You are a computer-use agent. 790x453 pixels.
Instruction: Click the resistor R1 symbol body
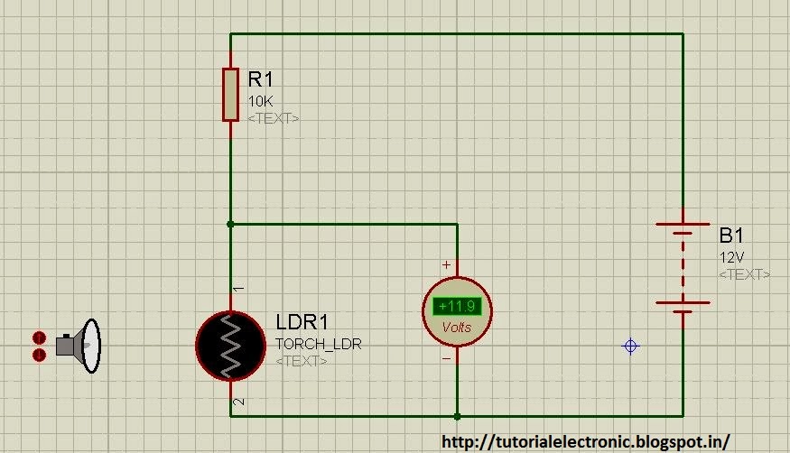pos(231,93)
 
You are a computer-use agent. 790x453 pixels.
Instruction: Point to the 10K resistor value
pos(260,102)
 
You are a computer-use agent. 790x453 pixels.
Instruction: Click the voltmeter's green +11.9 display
pos(458,306)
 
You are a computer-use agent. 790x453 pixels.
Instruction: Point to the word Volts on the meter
pos(457,328)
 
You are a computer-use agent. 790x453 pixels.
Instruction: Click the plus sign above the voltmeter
pos(446,265)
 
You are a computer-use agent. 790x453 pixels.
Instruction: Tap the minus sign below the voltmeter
pos(446,358)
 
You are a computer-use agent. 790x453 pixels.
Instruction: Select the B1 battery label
pos(731,236)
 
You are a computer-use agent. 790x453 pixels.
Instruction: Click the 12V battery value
pos(730,257)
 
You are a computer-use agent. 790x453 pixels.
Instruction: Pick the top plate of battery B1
pos(683,225)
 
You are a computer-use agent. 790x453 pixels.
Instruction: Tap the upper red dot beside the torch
pos(39,337)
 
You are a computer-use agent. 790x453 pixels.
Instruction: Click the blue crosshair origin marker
pos(631,347)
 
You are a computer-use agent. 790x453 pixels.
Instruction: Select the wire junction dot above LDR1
pos(231,224)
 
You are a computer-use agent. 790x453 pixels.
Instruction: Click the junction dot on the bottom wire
pos(458,416)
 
